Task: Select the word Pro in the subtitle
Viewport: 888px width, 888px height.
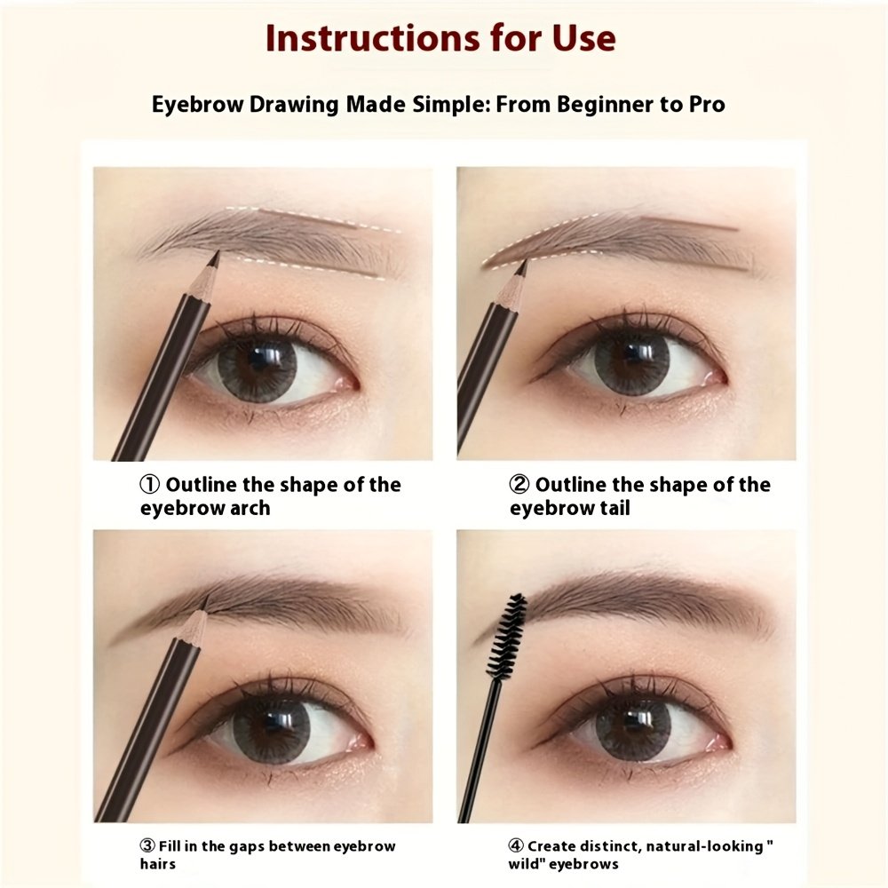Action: click(x=707, y=104)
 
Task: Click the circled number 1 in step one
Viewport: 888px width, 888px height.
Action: click(x=149, y=485)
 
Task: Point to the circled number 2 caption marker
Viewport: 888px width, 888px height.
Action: click(x=519, y=485)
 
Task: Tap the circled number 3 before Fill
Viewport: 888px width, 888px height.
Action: click(x=147, y=846)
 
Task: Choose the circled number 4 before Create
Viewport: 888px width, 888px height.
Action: click(x=516, y=846)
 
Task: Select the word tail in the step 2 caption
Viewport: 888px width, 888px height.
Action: click(x=615, y=508)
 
